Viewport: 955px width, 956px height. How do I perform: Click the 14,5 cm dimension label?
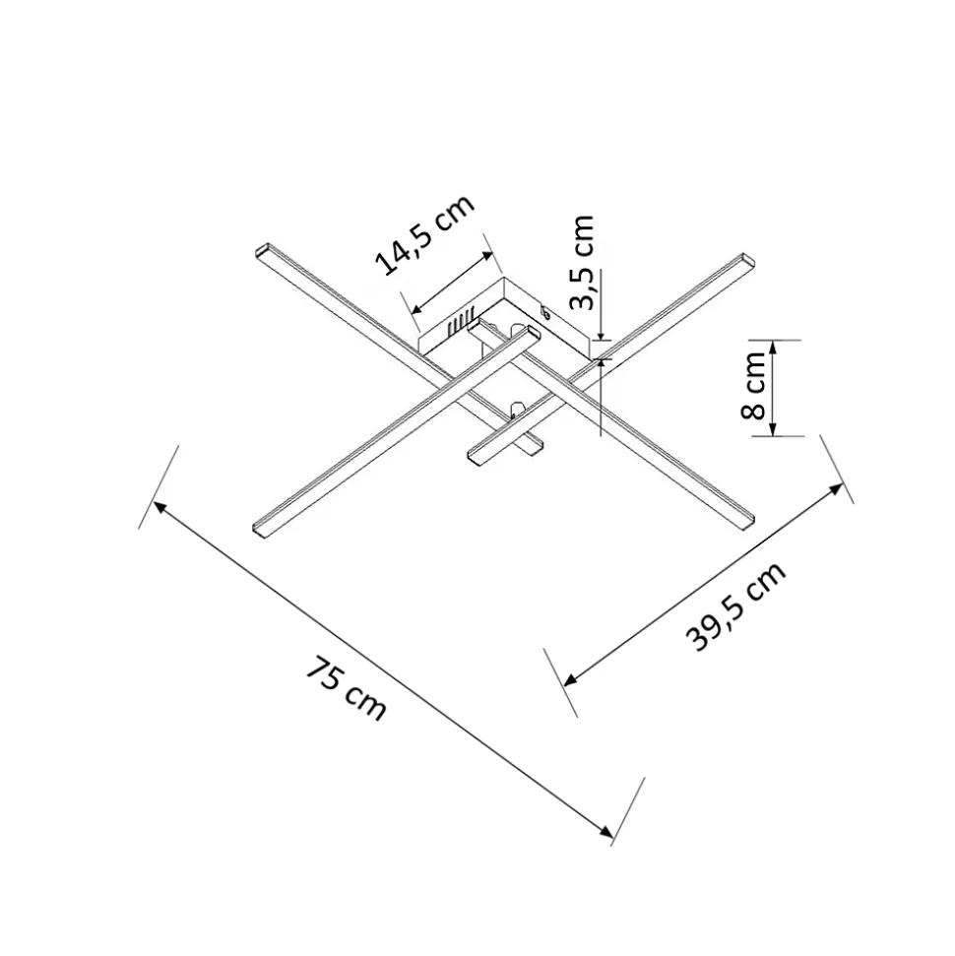pyautogui.click(x=425, y=234)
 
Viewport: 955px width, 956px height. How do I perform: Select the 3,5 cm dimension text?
pyautogui.click(x=581, y=262)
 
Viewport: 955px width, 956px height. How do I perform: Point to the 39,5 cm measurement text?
pyautogui.click(x=735, y=606)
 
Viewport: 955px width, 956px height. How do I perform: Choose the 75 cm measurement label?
pyautogui.click(x=346, y=688)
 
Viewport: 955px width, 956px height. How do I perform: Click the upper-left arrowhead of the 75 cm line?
pyautogui.click(x=159, y=507)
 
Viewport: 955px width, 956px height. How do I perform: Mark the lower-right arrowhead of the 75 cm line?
pyautogui.click(x=606, y=832)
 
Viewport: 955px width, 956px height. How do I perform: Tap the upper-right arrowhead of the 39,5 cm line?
pyautogui.click(x=836, y=489)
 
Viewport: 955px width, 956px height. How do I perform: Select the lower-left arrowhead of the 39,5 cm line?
pyautogui.click(x=571, y=679)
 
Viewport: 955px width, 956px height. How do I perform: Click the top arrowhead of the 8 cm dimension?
pyautogui.click(x=772, y=347)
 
